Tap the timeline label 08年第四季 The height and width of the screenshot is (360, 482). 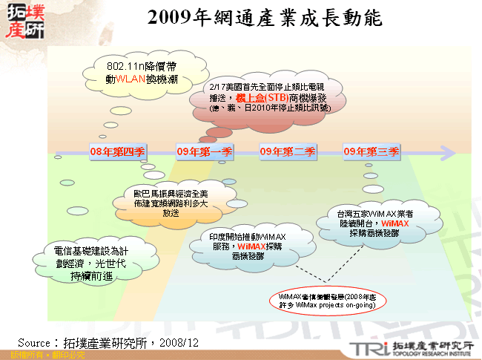click(117, 152)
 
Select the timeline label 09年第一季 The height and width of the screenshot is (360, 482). click(205, 152)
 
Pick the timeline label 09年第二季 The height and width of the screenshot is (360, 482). click(288, 152)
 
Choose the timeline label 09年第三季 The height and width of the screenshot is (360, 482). click(372, 152)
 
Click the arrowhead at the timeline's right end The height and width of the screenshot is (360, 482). click(448, 152)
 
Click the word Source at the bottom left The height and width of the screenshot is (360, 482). click(33, 342)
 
